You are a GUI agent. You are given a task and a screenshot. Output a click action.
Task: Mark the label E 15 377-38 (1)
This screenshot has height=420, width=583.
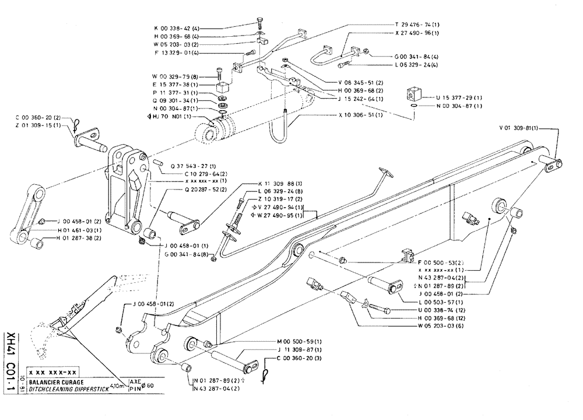pyautogui.click(x=175, y=84)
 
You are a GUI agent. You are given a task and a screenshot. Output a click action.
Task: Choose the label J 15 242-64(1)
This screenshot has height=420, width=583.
pyautogui.click(x=360, y=99)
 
